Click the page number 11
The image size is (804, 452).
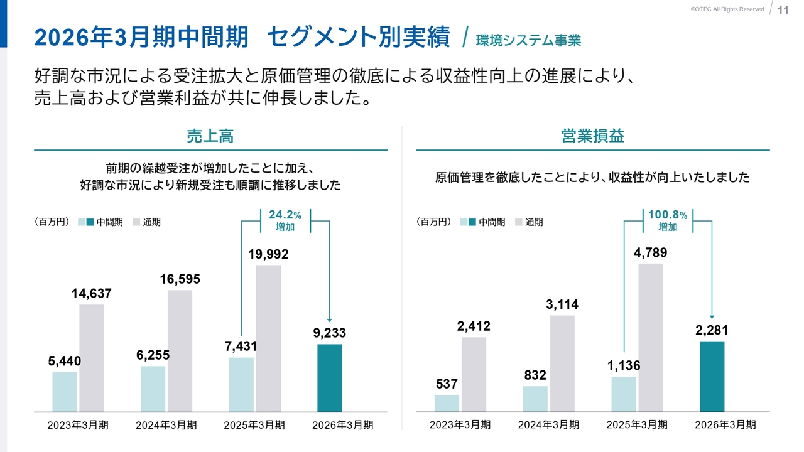click(x=783, y=10)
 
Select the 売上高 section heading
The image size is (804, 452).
click(x=210, y=136)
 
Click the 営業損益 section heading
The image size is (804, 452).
click(x=592, y=136)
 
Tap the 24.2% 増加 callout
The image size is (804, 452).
click(x=285, y=221)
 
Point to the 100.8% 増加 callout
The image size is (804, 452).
click(x=667, y=221)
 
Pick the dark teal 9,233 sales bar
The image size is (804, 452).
click(x=330, y=378)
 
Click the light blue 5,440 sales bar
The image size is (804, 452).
click(x=65, y=392)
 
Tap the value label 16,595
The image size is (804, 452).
click(x=180, y=279)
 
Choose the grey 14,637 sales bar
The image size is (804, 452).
click(x=92, y=358)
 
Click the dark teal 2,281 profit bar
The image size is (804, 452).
click(x=712, y=377)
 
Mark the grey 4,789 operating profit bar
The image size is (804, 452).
click(x=651, y=338)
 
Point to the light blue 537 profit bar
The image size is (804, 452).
click(x=447, y=403)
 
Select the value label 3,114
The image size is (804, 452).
click(x=562, y=304)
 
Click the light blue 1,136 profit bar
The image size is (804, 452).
click(x=623, y=394)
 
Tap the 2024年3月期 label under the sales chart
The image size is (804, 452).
click(x=166, y=425)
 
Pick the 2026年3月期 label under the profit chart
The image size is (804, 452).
click(x=725, y=425)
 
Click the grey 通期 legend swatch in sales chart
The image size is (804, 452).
click(x=137, y=222)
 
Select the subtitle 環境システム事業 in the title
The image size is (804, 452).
click(x=528, y=41)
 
